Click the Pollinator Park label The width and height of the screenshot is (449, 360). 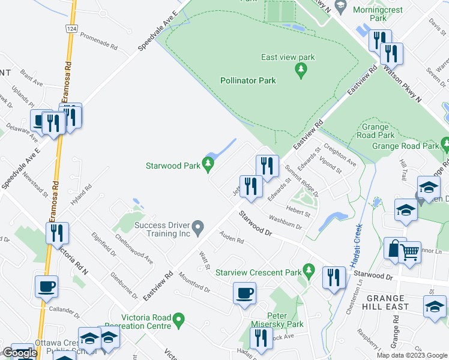point(248,80)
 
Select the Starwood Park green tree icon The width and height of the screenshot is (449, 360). point(208,163)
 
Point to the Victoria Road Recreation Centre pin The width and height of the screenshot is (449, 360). point(178,320)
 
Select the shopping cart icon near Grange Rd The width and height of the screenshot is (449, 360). point(409,251)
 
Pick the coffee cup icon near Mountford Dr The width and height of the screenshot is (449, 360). point(244,293)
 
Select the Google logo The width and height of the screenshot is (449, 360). point(19,353)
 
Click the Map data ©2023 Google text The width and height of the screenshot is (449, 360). point(411,355)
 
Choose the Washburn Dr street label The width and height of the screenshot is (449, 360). point(285,222)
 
